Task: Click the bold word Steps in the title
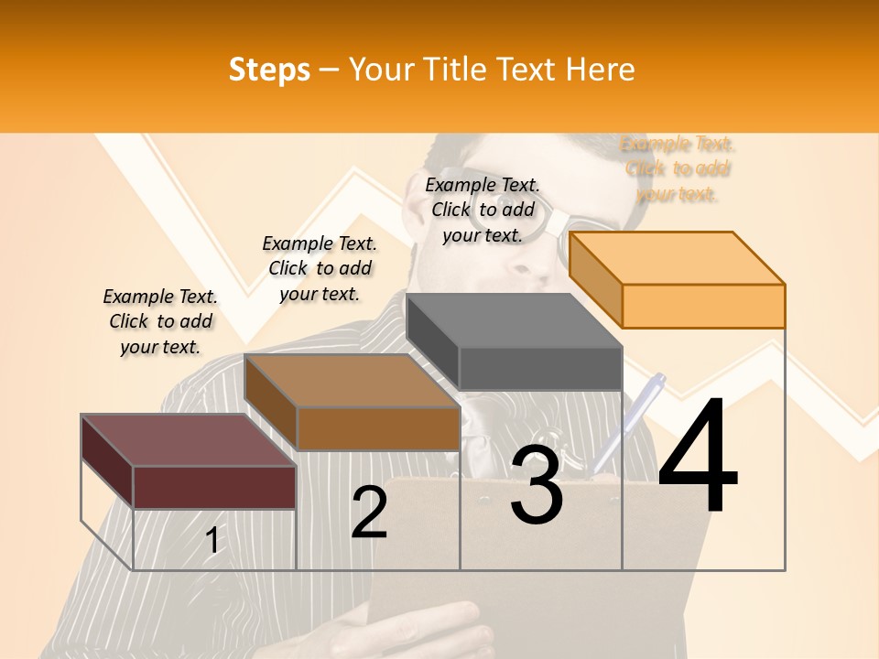tap(269, 70)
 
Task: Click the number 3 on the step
tap(536, 484)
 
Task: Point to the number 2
tap(369, 513)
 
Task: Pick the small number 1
tap(212, 540)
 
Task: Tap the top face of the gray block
tap(514, 320)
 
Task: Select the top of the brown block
tap(353, 380)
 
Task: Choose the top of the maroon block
tap(189, 440)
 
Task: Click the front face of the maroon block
tap(214, 487)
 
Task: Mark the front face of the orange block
tap(703, 306)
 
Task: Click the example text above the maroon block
tap(160, 321)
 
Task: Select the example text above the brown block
tap(320, 268)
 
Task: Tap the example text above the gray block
tap(483, 210)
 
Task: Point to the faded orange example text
tap(678, 168)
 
